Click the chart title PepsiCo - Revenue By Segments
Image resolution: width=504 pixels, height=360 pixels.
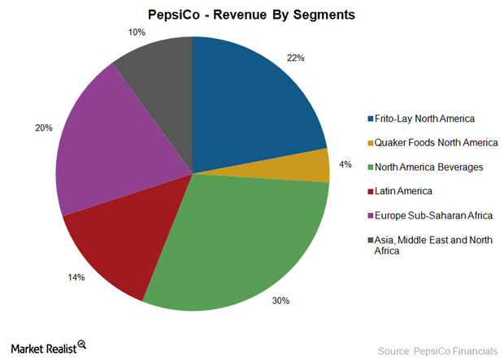(251, 15)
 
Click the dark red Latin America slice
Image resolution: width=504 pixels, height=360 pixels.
(122, 244)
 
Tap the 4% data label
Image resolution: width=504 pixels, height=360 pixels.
(345, 164)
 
